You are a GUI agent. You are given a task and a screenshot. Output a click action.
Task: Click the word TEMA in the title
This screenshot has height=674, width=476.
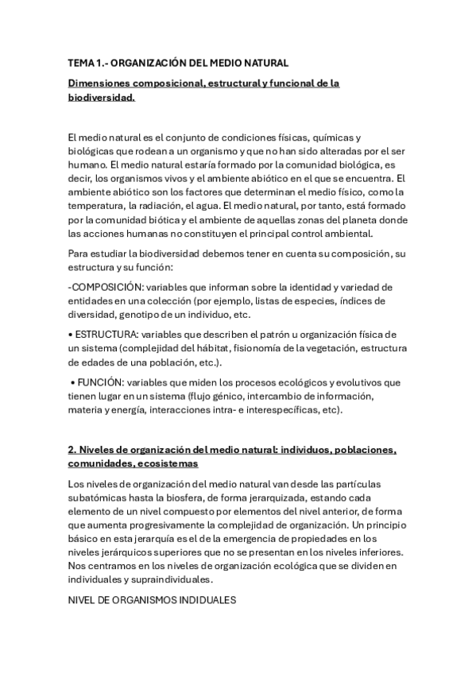[x=81, y=63]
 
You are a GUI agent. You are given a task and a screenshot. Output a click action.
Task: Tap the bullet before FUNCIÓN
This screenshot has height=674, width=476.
[x=72, y=383]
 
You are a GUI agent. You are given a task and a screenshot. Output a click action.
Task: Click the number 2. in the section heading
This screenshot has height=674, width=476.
[x=72, y=450]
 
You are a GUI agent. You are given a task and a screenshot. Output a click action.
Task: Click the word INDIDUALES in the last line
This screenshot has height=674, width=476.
[x=209, y=601]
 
